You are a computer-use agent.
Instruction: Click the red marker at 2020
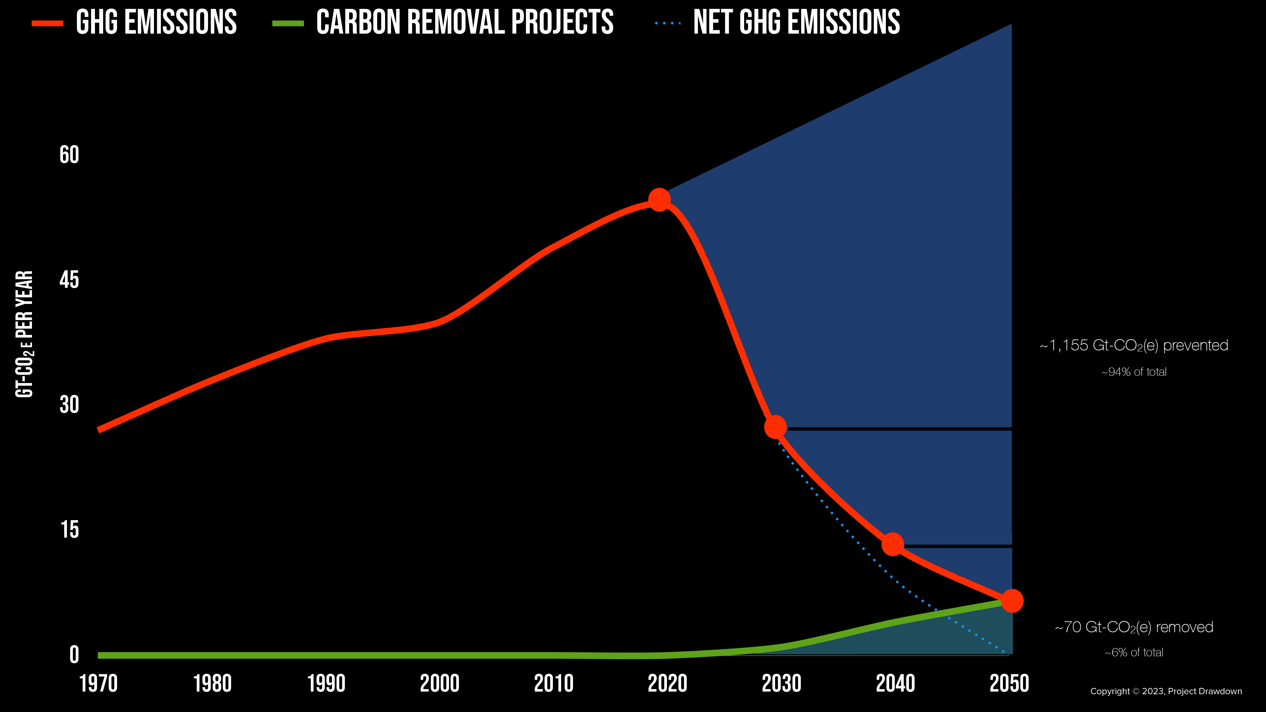(659, 199)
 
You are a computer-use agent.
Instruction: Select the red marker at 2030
(775, 427)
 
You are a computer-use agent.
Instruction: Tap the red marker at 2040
(892, 544)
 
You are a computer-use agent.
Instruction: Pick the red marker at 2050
(1012, 601)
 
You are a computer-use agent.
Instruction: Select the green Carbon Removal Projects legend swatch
(288, 23)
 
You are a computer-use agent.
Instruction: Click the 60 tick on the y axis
(69, 155)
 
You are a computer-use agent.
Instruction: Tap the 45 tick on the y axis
(69, 280)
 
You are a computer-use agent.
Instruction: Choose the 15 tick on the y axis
(69, 530)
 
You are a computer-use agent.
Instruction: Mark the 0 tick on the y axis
(74, 655)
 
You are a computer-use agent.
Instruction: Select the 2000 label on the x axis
(440, 684)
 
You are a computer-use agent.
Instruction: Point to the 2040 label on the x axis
(895, 684)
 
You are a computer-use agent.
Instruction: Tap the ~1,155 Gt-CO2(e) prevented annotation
(1134, 345)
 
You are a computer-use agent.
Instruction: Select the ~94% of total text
(1134, 372)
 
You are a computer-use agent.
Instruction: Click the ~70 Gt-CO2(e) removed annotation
(1134, 628)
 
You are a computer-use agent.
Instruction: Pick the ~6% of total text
(1134, 653)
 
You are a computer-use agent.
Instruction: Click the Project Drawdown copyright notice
(1166, 691)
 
